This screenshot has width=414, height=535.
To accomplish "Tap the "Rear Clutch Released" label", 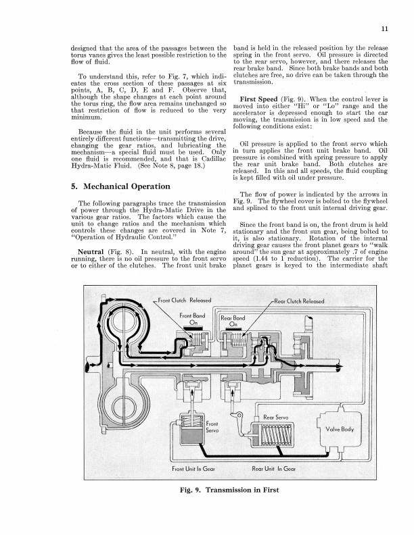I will [296, 301].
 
